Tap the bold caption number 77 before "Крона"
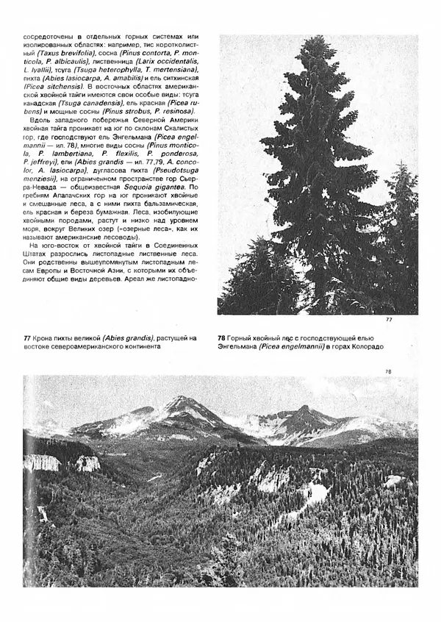tap(27, 337)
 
